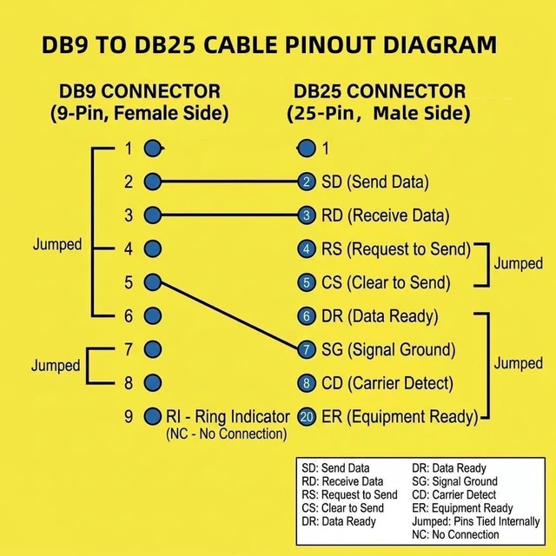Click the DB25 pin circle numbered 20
tap(307, 416)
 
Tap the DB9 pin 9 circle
tap(153, 416)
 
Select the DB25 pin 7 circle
tap(307, 349)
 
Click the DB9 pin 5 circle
tap(153, 282)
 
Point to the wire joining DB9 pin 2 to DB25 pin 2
tap(229, 182)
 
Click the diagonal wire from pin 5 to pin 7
tap(229, 315)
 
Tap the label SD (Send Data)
tap(375, 182)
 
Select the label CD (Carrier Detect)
tap(387, 383)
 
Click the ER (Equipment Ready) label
tap(400, 417)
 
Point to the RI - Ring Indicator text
tap(228, 416)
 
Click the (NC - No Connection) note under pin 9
tap(227, 434)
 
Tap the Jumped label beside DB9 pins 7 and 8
tap(56, 366)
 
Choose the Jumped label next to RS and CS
tap(518, 263)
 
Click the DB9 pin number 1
tap(129, 149)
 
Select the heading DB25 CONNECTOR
tap(380, 91)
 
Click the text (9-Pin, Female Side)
tap(139, 114)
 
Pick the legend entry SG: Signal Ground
tap(454, 481)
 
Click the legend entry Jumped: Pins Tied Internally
tap(476, 521)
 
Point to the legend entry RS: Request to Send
tap(349, 494)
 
